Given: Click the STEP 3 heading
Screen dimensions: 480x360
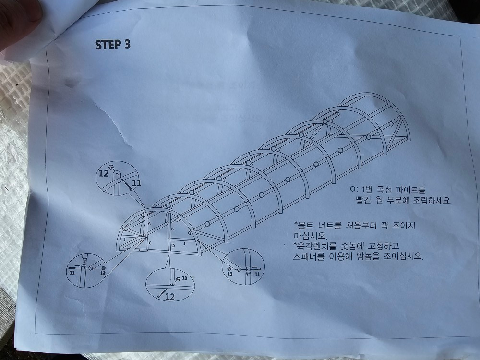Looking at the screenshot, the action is pyautogui.click(x=113, y=45).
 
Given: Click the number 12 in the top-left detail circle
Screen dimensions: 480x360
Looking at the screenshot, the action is pyautogui.click(x=104, y=174).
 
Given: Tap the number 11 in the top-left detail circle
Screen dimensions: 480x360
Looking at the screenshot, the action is pyautogui.click(x=136, y=183).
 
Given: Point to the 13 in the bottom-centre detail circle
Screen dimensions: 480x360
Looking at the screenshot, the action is pyautogui.click(x=184, y=278).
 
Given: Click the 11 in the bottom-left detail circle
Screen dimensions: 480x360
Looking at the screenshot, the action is pyautogui.click(x=72, y=273).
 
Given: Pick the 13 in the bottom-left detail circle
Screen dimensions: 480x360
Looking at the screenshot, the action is pyautogui.click(x=103, y=273).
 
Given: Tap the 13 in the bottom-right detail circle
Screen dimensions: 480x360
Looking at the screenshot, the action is pyautogui.click(x=230, y=274).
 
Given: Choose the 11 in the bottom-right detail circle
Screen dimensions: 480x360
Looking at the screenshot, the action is pyautogui.click(x=257, y=274).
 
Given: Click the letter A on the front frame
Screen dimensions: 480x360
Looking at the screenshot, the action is pyautogui.click(x=149, y=224).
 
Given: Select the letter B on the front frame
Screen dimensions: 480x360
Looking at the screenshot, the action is pyautogui.click(x=172, y=228).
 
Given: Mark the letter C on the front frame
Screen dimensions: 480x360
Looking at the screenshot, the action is pyautogui.click(x=150, y=243).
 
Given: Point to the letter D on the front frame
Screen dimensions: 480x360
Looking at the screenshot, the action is pyautogui.click(x=173, y=245).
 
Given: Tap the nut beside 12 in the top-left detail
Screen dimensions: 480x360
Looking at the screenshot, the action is pyautogui.click(x=112, y=167).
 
